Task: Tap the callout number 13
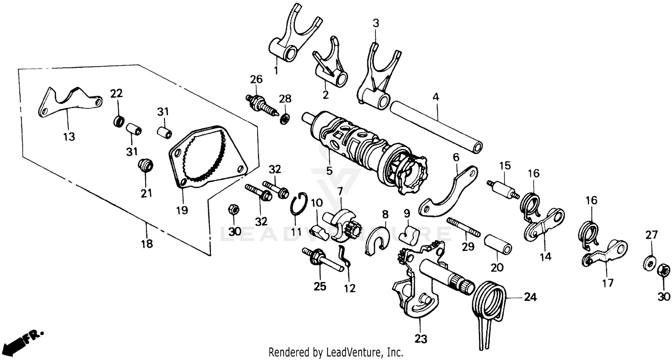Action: (x=69, y=136)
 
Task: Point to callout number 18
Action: (x=146, y=244)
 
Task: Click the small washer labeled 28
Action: (x=284, y=120)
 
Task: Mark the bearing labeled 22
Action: (x=119, y=121)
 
